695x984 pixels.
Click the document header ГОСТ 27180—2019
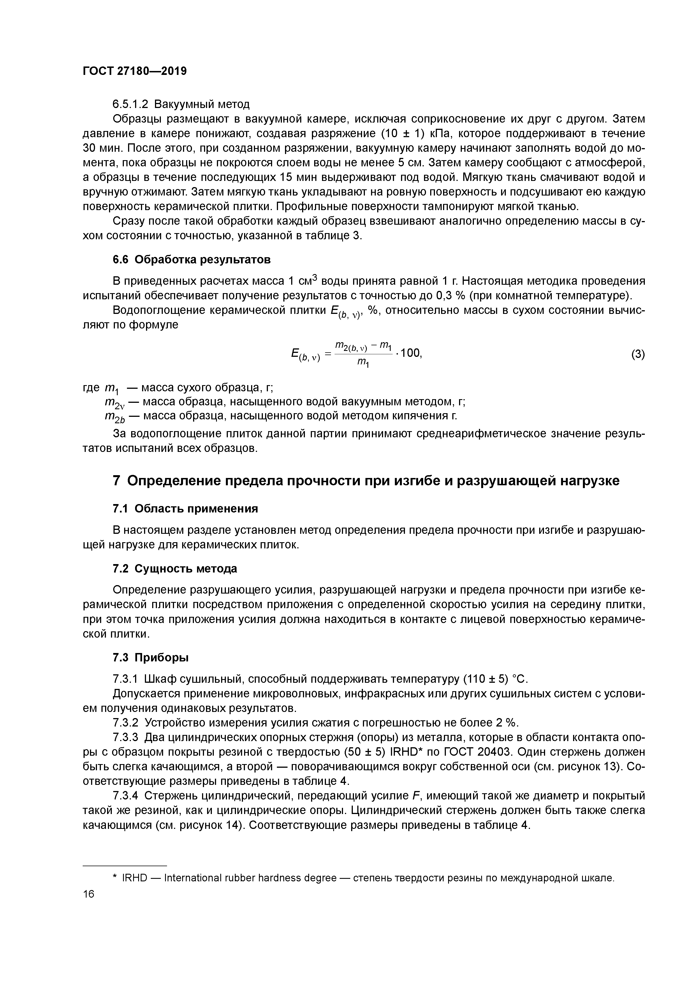coord(135,71)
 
